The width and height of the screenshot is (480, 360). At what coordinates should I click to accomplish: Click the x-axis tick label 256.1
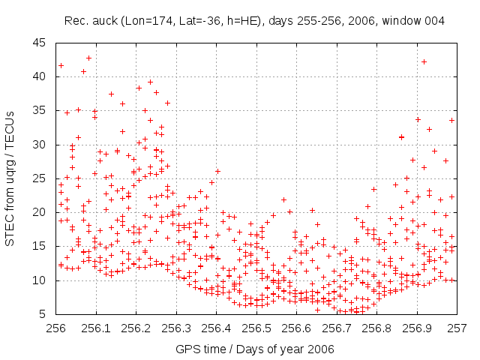coord(97,328)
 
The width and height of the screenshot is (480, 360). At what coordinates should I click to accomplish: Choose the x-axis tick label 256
coord(57,328)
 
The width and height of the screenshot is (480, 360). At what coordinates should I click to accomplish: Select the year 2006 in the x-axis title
coord(321,349)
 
